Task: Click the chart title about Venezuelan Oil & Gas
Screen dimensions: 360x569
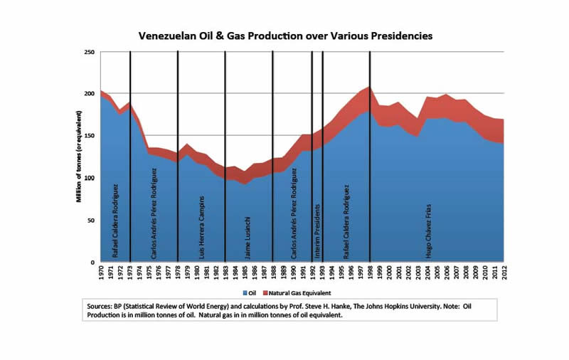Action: pyautogui.click(x=285, y=34)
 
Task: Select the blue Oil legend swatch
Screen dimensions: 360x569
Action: pyautogui.click(x=244, y=292)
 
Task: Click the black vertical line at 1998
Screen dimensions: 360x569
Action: pyautogui.click(x=370, y=157)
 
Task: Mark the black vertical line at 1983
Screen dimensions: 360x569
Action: pyautogui.click(x=225, y=157)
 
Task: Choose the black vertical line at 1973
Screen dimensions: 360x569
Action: pyautogui.click(x=130, y=157)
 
